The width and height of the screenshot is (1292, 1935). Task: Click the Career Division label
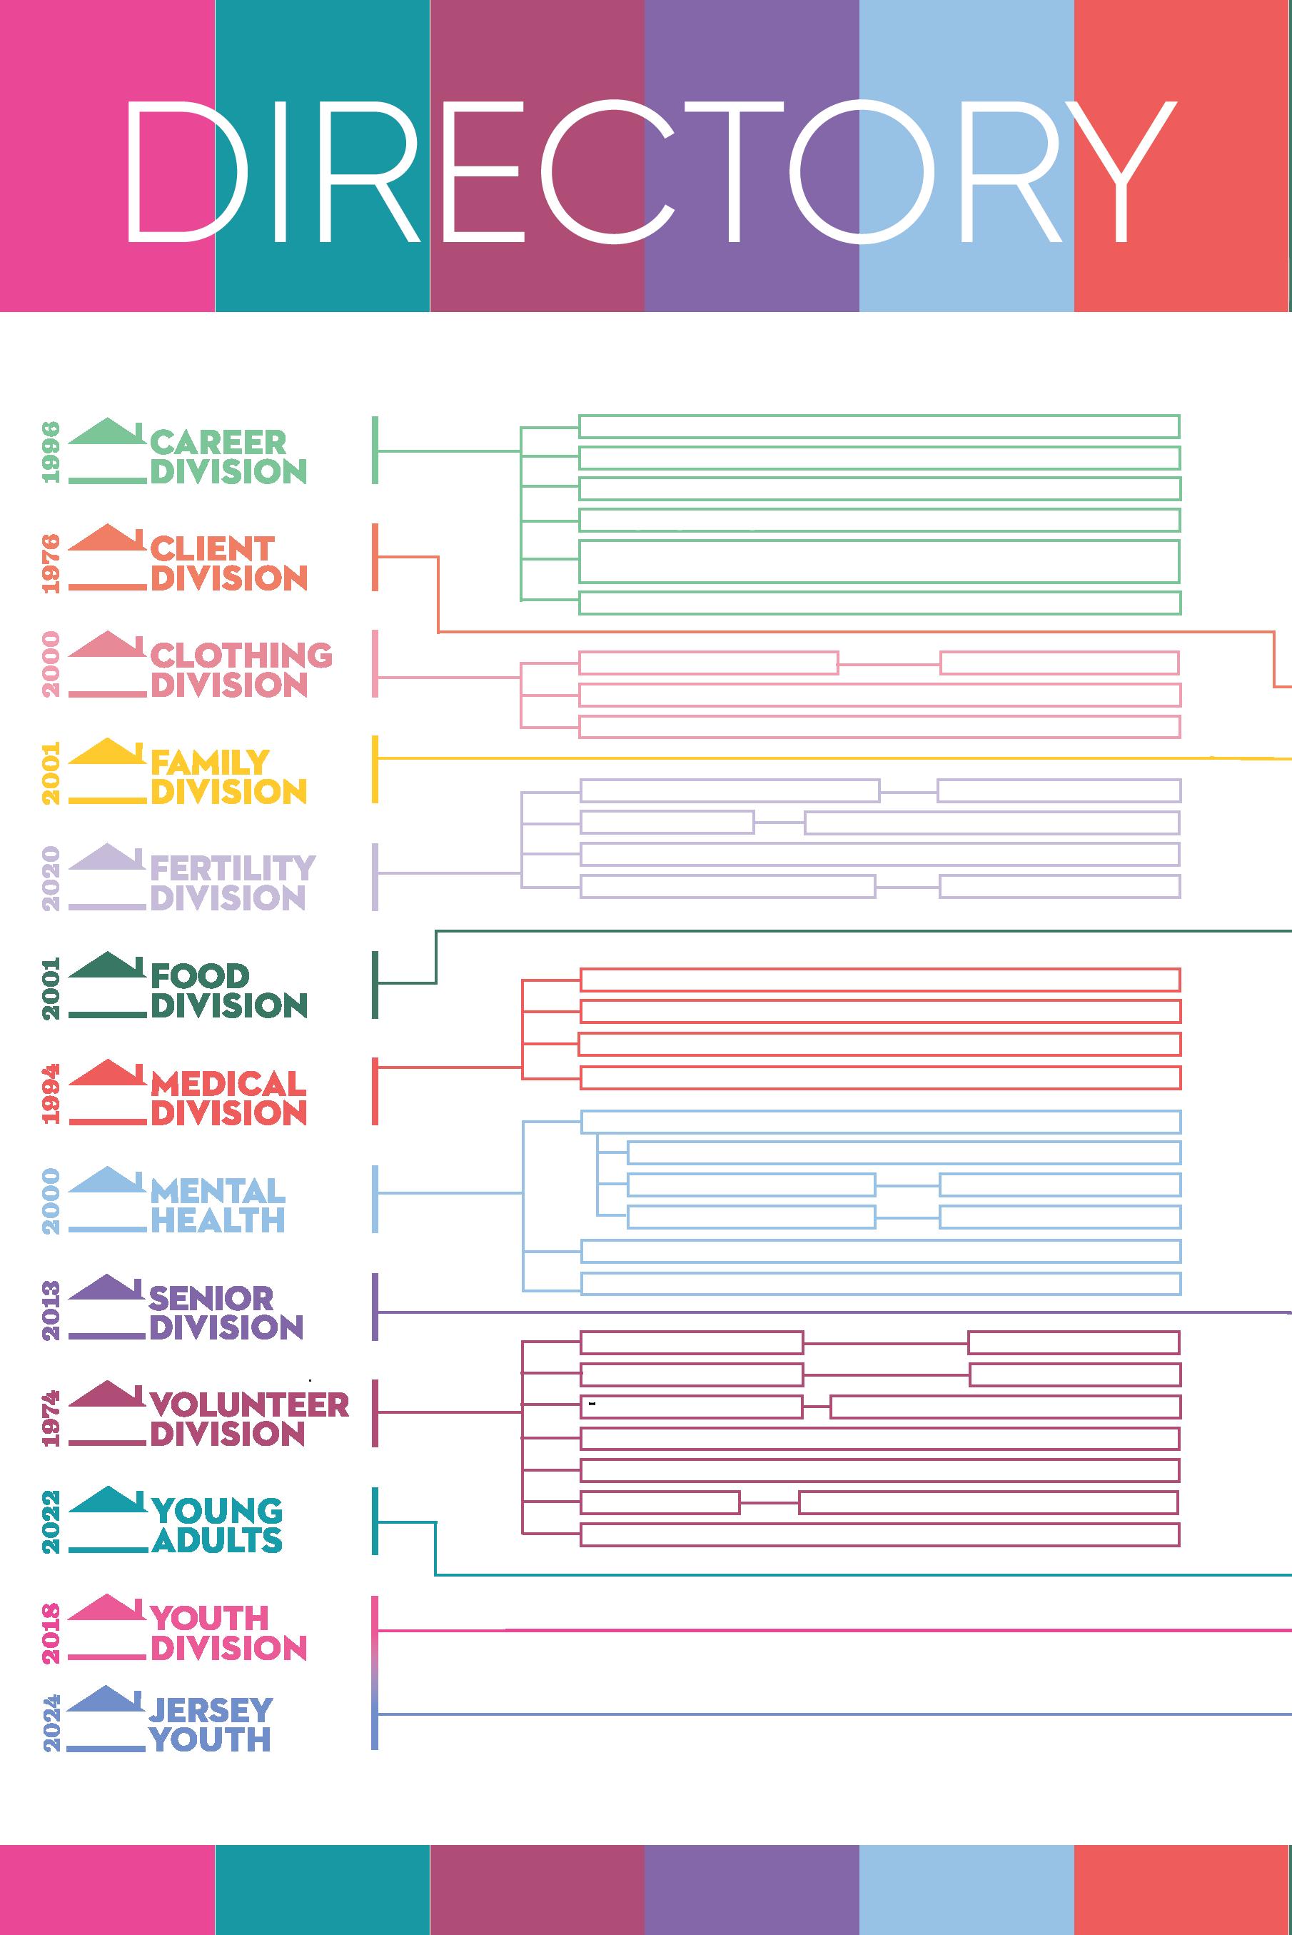(x=228, y=456)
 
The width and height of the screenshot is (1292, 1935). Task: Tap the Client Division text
(x=228, y=563)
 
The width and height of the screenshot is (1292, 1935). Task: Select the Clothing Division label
(x=241, y=670)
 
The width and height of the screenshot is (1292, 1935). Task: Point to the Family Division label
(x=228, y=776)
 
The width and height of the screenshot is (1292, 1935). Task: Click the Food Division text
(x=228, y=990)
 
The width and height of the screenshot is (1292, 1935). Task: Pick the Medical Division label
(x=228, y=1097)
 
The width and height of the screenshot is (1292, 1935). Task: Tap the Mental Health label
(x=218, y=1205)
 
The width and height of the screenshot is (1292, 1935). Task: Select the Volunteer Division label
(x=249, y=1418)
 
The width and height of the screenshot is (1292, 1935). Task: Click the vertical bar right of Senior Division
(x=375, y=1307)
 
